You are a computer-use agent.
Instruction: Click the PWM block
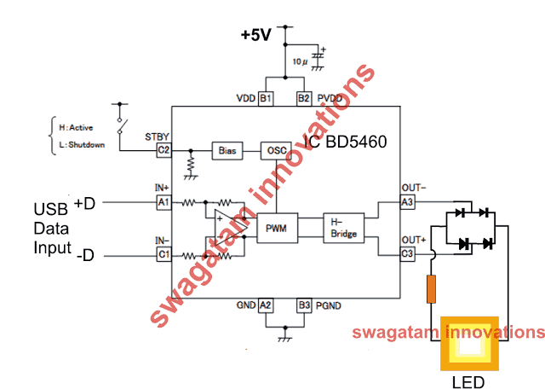click(x=277, y=228)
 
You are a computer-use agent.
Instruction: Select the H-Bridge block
click(x=343, y=228)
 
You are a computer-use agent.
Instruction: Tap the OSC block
click(x=276, y=150)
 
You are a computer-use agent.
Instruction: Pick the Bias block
click(x=227, y=150)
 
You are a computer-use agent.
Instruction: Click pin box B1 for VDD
click(x=266, y=99)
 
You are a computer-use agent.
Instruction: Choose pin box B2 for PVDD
click(x=304, y=99)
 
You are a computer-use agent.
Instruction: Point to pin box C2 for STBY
click(x=163, y=150)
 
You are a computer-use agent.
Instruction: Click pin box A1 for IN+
click(x=163, y=202)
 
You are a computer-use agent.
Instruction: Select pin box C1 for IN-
click(x=163, y=254)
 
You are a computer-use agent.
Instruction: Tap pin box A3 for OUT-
click(x=407, y=202)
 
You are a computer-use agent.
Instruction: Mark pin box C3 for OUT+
click(x=407, y=254)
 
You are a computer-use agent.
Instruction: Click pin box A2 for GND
click(x=266, y=305)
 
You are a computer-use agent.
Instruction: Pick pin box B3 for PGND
click(x=304, y=305)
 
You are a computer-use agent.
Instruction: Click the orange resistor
click(x=431, y=288)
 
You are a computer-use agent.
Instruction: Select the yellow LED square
click(x=469, y=344)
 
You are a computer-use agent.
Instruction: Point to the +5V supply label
click(x=256, y=35)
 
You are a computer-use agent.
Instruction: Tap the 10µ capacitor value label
click(x=300, y=62)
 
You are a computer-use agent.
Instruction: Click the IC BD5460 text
click(x=345, y=142)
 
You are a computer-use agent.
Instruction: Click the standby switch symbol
click(x=121, y=125)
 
